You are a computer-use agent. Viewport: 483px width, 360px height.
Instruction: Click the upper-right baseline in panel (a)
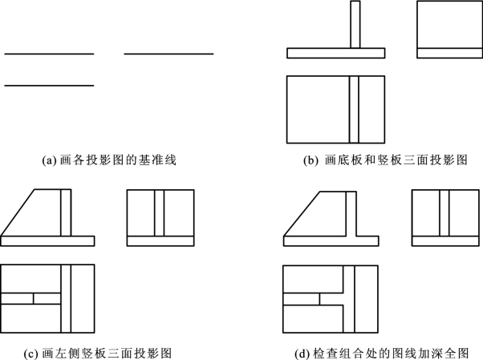pyautogui.click(x=168, y=54)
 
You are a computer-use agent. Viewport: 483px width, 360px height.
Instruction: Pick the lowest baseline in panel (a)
pyautogui.click(x=49, y=85)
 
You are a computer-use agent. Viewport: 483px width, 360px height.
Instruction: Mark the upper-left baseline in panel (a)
pyautogui.click(x=49, y=54)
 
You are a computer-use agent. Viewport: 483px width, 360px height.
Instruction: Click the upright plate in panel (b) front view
pyautogui.click(x=355, y=24)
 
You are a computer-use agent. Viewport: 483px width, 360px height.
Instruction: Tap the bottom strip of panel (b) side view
pyautogui.click(x=442, y=53)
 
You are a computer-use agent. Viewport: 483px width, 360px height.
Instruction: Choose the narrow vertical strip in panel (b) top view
pyautogui.click(x=355, y=108)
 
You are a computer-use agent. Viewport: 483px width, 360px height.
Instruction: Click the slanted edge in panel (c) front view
pyautogui.click(x=17, y=213)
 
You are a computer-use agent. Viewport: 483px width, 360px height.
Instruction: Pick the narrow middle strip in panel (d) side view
pyautogui.click(x=443, y=212)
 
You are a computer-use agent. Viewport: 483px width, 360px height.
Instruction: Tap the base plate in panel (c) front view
pyautogui.click(x=47, y=241)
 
